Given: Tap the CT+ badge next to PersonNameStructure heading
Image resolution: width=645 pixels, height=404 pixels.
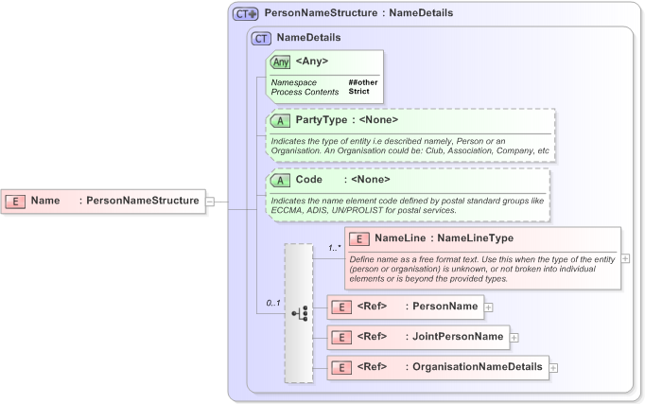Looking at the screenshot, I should (x=247, y=14).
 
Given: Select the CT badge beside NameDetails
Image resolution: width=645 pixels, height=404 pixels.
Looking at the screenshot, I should (x=262, y=39).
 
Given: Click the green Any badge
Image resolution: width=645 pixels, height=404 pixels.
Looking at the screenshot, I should (x=281, y=62).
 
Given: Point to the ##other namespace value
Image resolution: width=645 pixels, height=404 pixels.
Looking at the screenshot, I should (x=364, y=83).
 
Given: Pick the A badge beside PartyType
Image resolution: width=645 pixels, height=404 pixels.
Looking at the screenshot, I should (x=281, y=121).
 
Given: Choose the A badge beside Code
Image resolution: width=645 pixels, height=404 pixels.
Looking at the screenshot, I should (x=281, y=180).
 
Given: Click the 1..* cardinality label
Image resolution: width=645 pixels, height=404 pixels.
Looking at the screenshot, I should (x=335, y=248).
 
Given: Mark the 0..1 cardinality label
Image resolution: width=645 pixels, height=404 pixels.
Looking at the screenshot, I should (x=273, y=304).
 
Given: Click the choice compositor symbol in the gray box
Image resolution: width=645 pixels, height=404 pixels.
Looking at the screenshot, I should (x=299, y=313).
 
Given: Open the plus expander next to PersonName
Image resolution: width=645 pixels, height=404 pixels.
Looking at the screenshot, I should (x=489, y=307).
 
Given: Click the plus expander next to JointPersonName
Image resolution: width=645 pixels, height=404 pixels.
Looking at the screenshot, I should (x=514, y=337).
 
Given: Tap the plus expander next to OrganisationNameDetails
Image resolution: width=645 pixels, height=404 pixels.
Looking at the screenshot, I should (x=554, y=368).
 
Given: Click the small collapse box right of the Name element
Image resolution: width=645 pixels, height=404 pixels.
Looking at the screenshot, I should (x=210, y=202).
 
